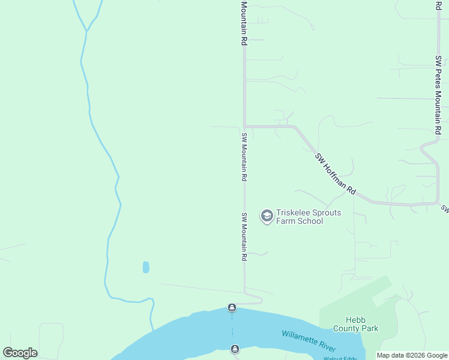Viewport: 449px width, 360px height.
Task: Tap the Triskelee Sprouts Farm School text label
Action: [308, 217]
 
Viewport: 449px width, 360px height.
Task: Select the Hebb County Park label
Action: [362, 324]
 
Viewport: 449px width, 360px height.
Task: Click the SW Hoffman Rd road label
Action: [335, 175]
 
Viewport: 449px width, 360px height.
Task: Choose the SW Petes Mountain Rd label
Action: [439, 95]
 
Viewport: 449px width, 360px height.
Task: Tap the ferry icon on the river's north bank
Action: [232, 308]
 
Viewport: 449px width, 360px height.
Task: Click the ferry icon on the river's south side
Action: [235, 349]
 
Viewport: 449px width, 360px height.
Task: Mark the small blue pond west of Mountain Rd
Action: [146, 267]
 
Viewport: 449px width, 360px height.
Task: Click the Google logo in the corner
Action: [20, 353]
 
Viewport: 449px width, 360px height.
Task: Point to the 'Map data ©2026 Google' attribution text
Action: [412, 355]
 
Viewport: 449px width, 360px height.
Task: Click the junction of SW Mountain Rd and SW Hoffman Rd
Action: [245, 126]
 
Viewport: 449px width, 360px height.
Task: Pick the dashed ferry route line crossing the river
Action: [233, 329]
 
